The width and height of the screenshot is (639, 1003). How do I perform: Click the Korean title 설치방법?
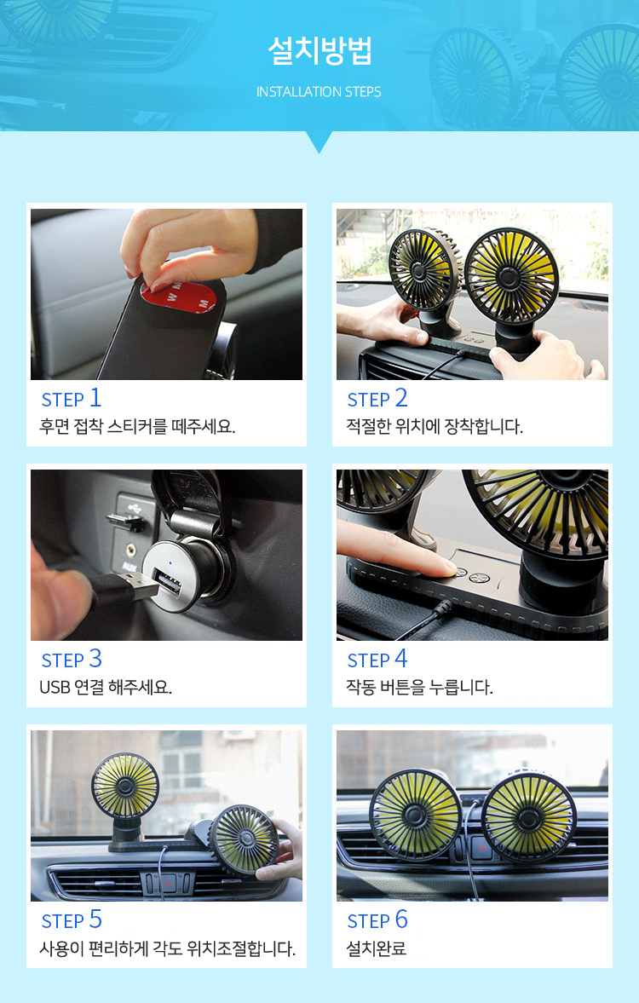pyautogui.click(x=319, y=51)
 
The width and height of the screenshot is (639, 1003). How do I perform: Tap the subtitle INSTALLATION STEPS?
pyautogui.click(x=319, y=92)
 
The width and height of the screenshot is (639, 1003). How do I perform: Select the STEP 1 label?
pyautogui.click(x=71, y=399)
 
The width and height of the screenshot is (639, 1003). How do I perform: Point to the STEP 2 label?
pyautogui.click(x=377, y=399)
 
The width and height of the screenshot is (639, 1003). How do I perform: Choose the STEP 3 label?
pyautogui.click(x=72, y=660)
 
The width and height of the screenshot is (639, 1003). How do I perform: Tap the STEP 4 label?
pyautogui.click(x=377, y=660)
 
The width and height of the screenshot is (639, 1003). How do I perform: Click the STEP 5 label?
pyautogui.click(x=72, y=920)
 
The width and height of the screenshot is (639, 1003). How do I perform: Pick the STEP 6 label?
pyautogui.click(x=377, y=920)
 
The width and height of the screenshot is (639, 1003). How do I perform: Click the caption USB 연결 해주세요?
pyautogui.click(x=106, y=688)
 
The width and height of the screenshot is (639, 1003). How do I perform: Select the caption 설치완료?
pyautogui.click(x=376, y=948)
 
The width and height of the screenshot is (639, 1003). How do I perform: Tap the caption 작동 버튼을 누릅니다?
pyautogui.click(x=419, y=688)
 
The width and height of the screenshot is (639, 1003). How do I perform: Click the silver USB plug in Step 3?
pyautogui.click(x=142, y=585)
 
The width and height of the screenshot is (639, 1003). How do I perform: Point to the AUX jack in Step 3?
pyautogui.click(x=132, y=550)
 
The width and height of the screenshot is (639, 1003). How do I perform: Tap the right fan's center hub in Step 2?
pyautogui.click(x=509, y=277)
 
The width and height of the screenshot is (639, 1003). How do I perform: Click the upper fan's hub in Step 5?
pyautogui.click(x=124, y=787)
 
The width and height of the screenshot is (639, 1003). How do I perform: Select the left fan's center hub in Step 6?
pyautogui.click(x=415, y=815)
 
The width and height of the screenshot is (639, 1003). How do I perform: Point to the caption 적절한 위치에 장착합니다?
pyautogui.click(x=435, y=427)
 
